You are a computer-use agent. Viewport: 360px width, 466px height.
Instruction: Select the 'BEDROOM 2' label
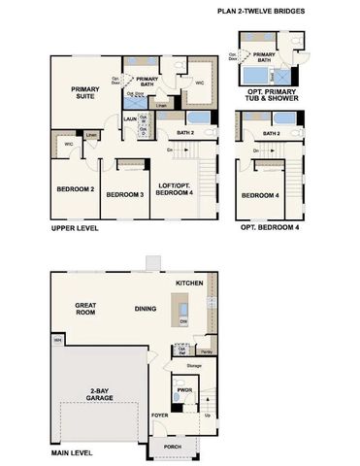point(74,188)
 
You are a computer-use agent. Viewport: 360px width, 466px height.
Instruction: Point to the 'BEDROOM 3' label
point(125,194)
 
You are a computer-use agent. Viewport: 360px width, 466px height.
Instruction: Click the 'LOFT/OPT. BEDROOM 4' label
point(175,190)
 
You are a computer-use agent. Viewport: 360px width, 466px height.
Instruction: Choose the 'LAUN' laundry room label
point(129,119)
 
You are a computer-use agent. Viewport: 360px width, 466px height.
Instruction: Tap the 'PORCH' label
point(172,447)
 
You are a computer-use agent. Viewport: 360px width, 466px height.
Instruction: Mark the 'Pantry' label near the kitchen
point(205,352)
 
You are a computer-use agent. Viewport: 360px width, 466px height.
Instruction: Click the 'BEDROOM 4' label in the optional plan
point(261,195)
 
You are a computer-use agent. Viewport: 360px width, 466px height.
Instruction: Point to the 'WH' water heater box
point(57,341)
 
